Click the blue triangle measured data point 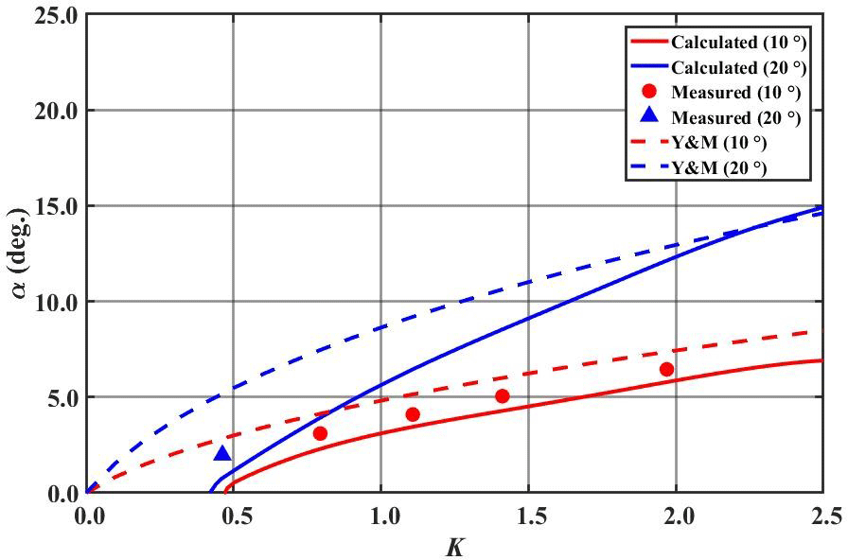pos(222,454)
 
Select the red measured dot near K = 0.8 pos(320,433)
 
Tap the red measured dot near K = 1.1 pos(413,414)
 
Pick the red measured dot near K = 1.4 pos(503,395)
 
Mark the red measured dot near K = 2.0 pos(666,369)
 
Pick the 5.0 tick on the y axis pos(59,397)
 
